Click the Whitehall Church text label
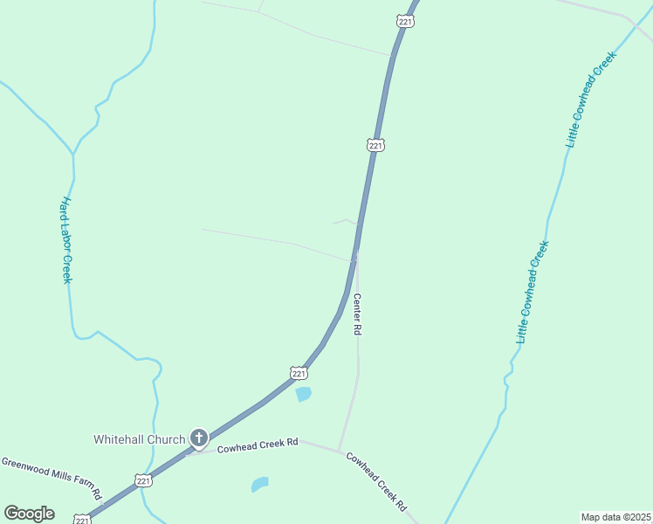pos(139,439)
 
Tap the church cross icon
pos(198,438)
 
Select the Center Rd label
pos(357,314)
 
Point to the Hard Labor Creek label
pos(65,240)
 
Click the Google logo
pos(29,514)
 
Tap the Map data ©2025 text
pos(615,517)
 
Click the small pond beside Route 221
pos(303,395)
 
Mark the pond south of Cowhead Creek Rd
pos(259,484)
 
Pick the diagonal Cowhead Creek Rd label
pos(376,481)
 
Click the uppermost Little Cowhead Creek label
pos(592,98)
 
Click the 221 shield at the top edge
pos(404,20)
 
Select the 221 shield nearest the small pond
pos(299,373)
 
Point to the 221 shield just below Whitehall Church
pos(143,480)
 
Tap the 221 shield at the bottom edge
pos(82,520)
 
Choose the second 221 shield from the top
pos(375,145)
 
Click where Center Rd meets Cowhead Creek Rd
pos(339,451)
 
